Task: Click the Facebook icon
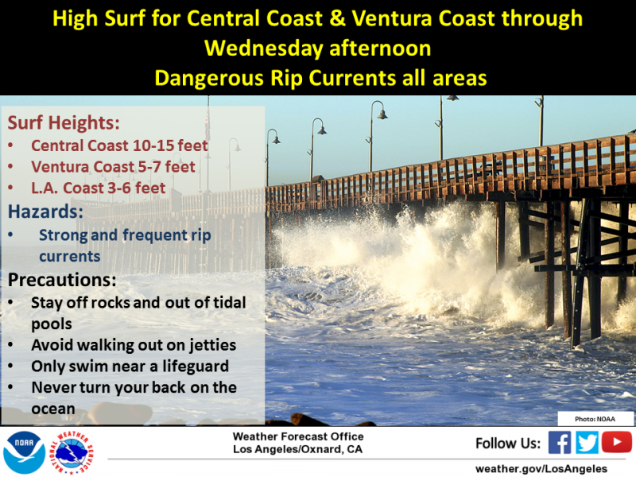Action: pyautogui.click(x=560, y=443)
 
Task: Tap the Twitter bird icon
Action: pyautogui.click(x=587, y=443)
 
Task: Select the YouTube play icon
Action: pyautogui.click(x=617, y=442)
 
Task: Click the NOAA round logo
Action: pyautogui.click(x=25, y=452)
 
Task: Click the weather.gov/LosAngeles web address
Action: pyautogui.click(x=541, y=469)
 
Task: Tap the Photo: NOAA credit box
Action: pyautogui.click(x=595, y=419)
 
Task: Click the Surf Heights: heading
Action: pyautogui.click(x=64, y=122)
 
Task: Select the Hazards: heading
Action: pyautogui.click(x=45, y=211)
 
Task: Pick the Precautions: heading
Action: pyautogui.click(x=62, y=280)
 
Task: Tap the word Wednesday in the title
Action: pyautogui.click(x=264, y=48)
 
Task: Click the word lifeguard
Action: pyautogui.click(x=196, y=366)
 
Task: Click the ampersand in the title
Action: pyautogui.click(x=337, y=18)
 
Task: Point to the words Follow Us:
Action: pyautogui.click(x=508, y=444)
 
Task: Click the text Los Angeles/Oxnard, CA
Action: pyautogui.click(x=297, y=449)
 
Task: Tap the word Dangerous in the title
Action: pyautogui.click(x=209, y=78)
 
